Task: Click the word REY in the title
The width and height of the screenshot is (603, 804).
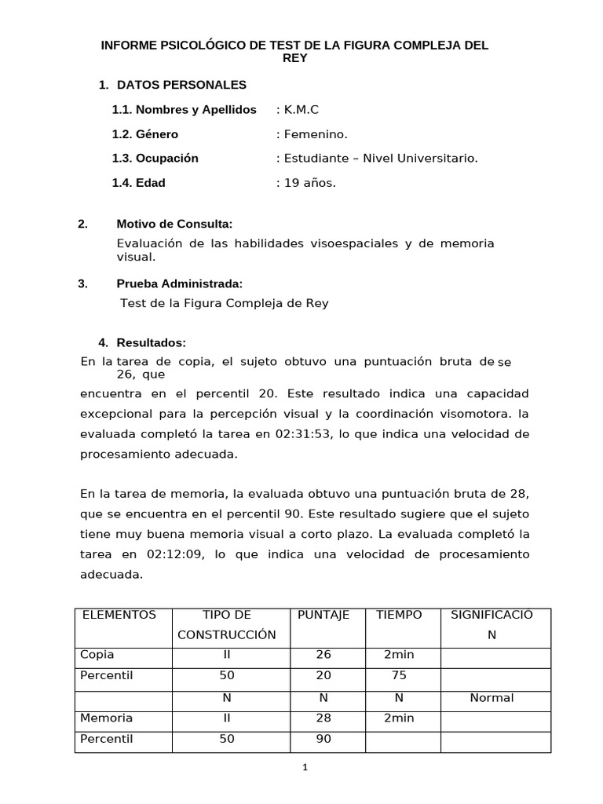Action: click(294, 58)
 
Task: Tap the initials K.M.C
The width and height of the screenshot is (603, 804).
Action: click(301, 109)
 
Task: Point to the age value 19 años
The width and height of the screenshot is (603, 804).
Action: click(309, 183)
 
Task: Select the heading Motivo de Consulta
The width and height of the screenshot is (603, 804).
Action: click(174, 225)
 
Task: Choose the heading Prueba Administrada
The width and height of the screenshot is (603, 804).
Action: click(180, 283)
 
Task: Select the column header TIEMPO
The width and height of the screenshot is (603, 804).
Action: click(399, 615)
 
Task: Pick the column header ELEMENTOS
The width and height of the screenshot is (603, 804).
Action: click(119, 615)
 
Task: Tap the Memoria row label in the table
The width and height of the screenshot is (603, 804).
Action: click(107, 718)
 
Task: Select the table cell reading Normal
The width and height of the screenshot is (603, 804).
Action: click(492, 697)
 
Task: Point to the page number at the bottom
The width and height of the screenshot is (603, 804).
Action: click(305, 768)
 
